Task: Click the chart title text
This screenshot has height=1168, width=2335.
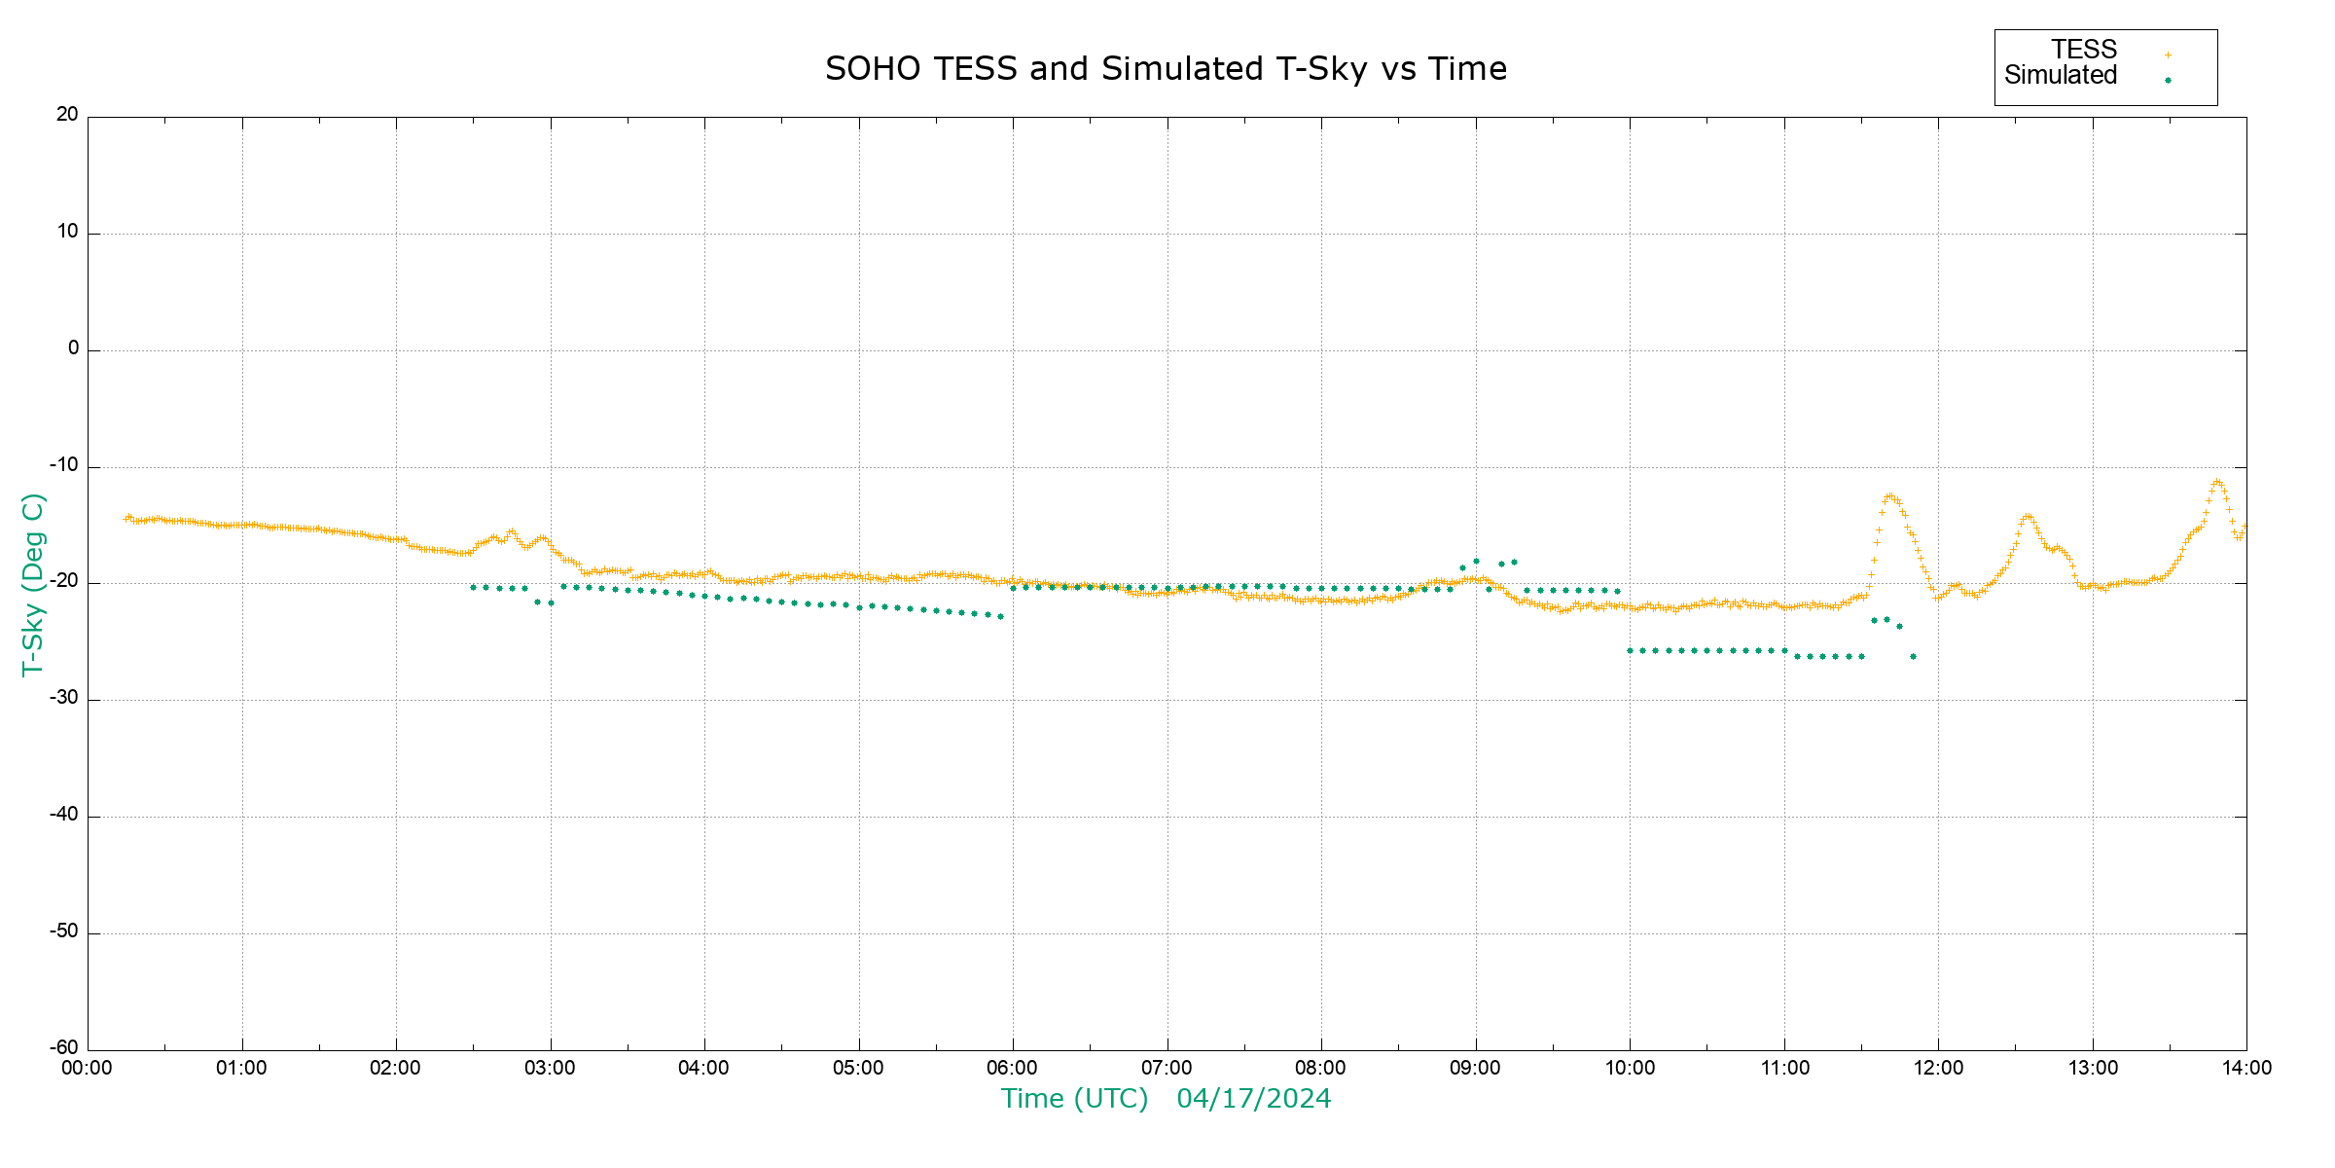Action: tap(1166, 69)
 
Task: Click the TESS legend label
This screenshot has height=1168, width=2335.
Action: tap(2084, 50)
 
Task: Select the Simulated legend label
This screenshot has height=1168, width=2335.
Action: tap(2061, 76)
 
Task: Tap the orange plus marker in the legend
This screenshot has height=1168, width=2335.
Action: tap(2168, 55)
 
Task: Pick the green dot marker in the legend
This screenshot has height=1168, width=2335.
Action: tap(2168, 80)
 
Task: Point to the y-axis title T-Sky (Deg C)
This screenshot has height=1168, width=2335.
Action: tap(33, 584)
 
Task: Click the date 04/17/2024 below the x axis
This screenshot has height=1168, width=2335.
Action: tap(1253, 1099)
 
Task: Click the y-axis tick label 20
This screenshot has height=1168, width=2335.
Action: tap(67, 115)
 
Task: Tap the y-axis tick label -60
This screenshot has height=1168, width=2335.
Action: tap(64, 1048)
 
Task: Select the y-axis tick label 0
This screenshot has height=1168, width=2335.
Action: tap(73, 348)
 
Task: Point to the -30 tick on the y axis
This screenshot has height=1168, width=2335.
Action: tap(64, 699)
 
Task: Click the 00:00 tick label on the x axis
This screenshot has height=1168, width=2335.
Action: tap(87, 1069)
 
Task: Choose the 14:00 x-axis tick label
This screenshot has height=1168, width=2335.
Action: tap(2246, 1069)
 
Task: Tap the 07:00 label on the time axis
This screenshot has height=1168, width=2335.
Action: tap(1167, 1069)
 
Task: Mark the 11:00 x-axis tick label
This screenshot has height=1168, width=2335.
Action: tap(1784, 1069)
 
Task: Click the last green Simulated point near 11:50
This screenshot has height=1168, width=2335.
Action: tap(1913, 657)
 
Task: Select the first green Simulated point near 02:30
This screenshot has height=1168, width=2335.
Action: tap(473, 588)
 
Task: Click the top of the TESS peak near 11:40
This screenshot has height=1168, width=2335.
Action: tap(1889, 495)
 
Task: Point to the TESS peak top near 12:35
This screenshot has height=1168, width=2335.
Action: tap(2028, 516)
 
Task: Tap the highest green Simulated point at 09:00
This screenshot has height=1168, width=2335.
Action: tap(1476, 562)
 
